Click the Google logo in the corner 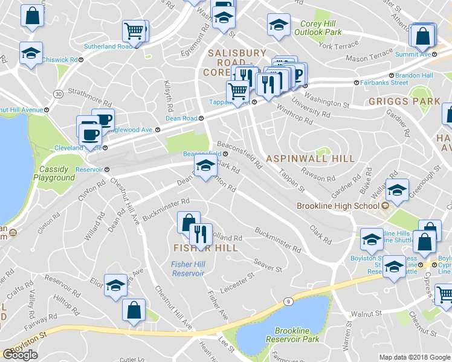click(x=20, y=355)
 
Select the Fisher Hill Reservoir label click(x=190, y=268)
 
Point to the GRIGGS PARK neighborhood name click(x=404, y=101)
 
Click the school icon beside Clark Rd click(x=205, y=166)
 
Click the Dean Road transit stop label click(x=182, y=119)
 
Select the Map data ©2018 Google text click(x=414, y=357)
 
